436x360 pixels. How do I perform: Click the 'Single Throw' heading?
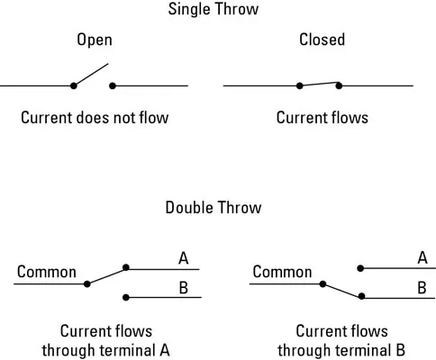213,9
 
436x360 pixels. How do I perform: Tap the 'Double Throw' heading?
213,207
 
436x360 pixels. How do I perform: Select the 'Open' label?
95,40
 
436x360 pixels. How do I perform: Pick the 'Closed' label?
322,40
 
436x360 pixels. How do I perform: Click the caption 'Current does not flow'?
95,117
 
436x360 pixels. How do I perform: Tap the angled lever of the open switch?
91,75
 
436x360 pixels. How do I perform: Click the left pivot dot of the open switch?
74,85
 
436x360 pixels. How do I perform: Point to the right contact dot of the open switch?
113,85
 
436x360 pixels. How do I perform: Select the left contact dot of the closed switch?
299,85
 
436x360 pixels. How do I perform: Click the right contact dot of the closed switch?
339,85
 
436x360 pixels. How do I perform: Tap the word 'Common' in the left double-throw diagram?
47,272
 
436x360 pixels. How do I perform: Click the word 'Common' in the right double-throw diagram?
282,272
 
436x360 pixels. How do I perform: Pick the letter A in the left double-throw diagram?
183,258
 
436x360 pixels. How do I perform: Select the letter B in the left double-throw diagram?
184,287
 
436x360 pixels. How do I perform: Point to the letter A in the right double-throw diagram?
422,257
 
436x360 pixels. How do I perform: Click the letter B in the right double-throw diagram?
422,287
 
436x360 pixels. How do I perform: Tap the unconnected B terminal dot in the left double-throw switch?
126,297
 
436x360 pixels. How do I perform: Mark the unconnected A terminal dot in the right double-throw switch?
360,268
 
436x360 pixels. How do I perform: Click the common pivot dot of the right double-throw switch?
322,283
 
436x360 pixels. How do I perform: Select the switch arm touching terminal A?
106,275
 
